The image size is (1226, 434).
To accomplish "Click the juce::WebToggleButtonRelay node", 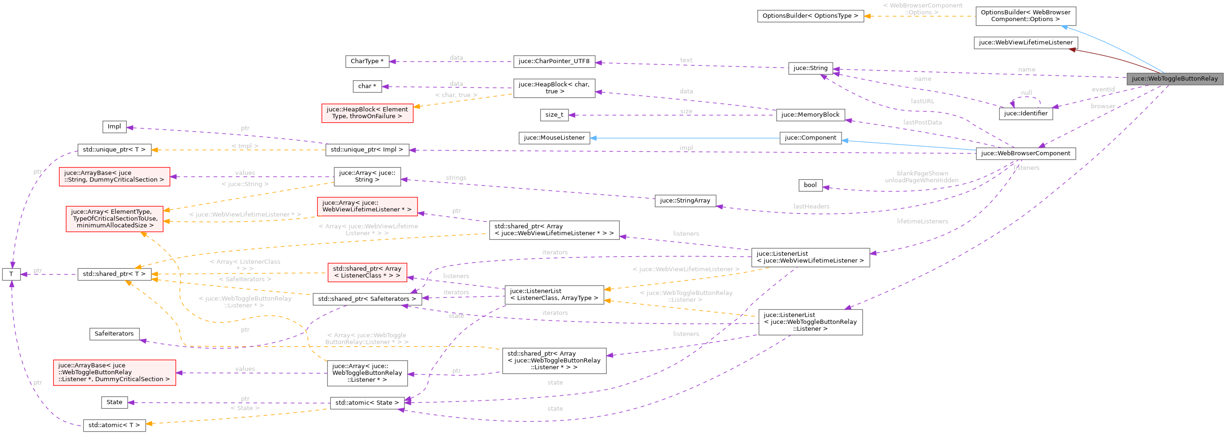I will tap(1174, 78).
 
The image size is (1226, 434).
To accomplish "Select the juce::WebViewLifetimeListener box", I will tap(1026, 42).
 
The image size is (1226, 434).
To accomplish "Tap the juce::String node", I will tap(810, 68).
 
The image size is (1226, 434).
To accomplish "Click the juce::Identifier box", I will tap(1025, 113).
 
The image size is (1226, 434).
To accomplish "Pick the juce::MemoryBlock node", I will tap(810, 115).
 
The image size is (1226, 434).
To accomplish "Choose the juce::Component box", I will tap(810, 138).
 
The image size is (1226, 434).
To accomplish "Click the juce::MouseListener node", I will tap(554, 138).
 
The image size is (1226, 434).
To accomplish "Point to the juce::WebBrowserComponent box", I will tap(1025, 154).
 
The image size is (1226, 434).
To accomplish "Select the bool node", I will tap(810, 185).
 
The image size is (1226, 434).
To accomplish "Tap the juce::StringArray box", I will tap(685, 201).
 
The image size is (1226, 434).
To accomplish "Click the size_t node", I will tap(554, 115).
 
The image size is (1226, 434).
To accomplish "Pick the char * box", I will tap(367, 86).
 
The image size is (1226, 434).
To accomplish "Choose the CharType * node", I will tap(367, 61).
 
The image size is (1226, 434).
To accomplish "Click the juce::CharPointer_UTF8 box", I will tap(554, 61).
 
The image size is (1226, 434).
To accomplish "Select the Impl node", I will tap(114, 127).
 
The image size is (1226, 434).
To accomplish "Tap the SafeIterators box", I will tap(114, 334).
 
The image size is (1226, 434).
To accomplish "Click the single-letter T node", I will tap(11, 274).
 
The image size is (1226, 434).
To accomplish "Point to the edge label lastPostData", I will tap(922, 122).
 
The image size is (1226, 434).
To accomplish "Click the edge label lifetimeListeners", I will tap(922, 222).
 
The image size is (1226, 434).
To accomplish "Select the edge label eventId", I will tap(1103, 90).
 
